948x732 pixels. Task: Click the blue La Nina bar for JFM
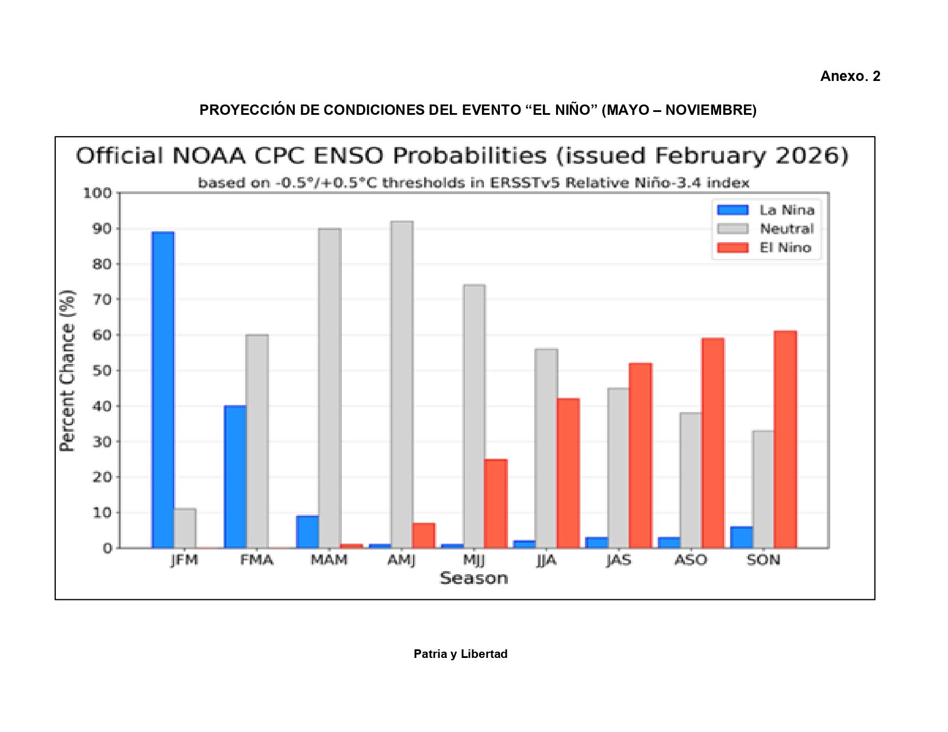point(163,390)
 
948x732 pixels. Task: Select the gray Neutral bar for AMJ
point(402,385)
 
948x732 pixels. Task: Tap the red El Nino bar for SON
point(785,440)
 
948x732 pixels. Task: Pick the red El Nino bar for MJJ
point(495,504)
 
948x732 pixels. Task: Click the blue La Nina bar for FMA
point(235,477)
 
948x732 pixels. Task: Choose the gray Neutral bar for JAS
point(618,468)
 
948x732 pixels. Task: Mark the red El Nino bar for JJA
point(568,474)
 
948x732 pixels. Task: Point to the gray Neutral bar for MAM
point(329,388)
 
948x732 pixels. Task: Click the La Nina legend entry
point(766,210)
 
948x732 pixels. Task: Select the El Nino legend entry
point(766,248)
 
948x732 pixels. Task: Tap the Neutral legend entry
point(766,229)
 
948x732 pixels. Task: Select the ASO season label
point(691,560)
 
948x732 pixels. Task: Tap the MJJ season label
point(474,560)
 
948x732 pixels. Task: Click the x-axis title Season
point(474,579)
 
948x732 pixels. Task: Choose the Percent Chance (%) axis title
point(67,371)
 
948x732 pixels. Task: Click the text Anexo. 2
point(850,76)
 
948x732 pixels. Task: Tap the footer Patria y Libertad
point(460,654)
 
